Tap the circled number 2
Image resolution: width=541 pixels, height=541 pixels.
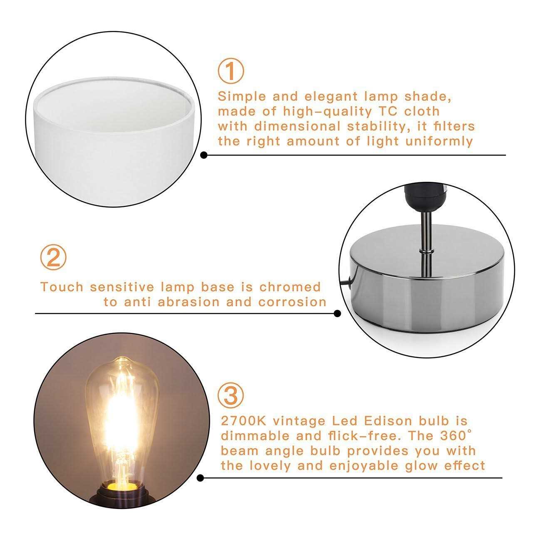(53, 258)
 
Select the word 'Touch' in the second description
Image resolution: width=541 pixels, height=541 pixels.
(62, 287)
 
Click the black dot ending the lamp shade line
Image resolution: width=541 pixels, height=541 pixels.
(204, 155)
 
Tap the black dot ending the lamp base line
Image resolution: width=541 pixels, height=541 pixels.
(338, 314)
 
